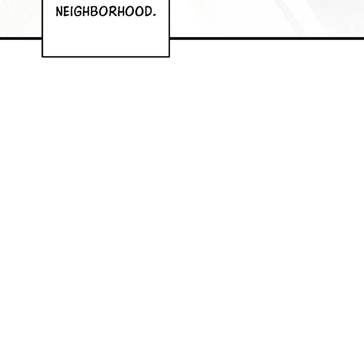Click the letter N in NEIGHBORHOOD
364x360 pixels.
(x=59, y=11)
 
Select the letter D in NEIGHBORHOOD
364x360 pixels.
(x=149, y=12)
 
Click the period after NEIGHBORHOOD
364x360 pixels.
(x=155, y=15)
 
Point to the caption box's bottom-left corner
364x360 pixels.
(x=42, y=56)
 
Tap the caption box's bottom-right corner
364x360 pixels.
(x=169, y=56)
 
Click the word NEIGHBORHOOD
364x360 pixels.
(x=106, y=12)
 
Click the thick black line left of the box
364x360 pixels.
(x=21, y=38)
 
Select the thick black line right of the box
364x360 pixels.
(x=267, y=38)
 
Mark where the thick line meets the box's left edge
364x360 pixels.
(x=42, y=38)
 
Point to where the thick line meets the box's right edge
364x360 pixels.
(x=170, y=38)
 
